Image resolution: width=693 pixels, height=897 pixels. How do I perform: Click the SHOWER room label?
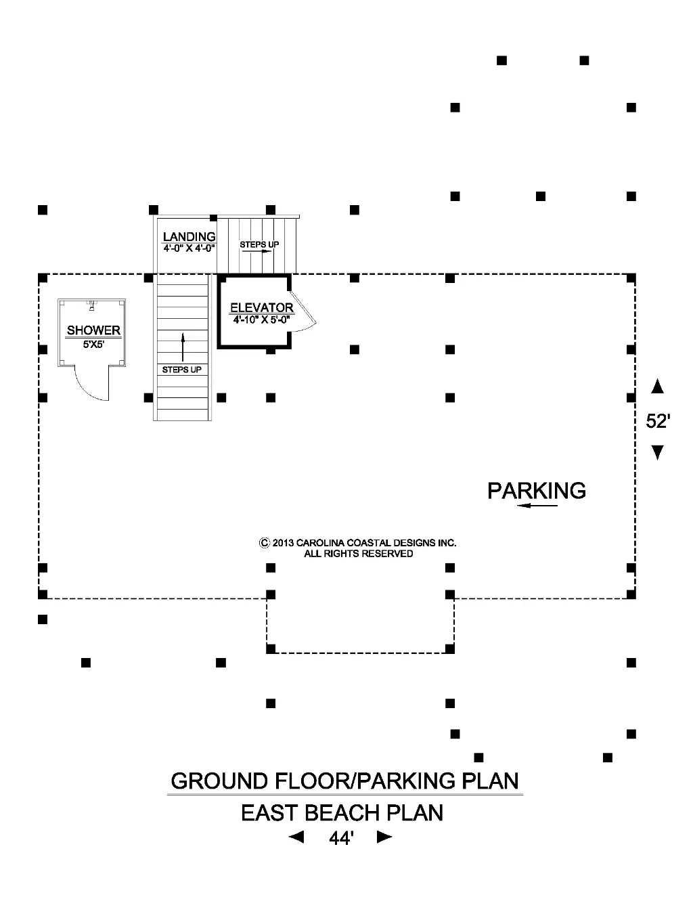[93, 330]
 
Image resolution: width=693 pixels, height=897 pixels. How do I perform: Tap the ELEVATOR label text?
[261, 308]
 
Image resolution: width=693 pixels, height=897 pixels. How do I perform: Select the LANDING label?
[189, 236]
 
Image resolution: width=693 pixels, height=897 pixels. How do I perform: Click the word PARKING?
[537, 490]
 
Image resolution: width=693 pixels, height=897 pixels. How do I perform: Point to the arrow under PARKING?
[537, 506]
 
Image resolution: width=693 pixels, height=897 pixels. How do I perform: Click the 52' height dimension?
[657, 421]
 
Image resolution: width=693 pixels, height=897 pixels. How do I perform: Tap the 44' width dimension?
[341, 838]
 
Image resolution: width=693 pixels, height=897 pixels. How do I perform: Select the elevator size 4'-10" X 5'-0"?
[261, 320]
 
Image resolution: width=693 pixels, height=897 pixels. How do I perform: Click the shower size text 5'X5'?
[93, 344]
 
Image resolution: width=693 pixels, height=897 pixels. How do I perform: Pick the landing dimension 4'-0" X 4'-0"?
[189, 248]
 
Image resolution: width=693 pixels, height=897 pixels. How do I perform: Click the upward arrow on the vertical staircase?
[182, 347]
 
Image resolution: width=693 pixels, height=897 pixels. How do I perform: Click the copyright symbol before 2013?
[265, 543]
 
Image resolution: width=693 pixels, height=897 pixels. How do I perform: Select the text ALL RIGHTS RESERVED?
[359, 554]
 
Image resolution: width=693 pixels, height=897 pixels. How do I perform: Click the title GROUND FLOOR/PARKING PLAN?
[344, 781]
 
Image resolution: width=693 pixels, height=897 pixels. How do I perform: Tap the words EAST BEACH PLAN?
[342, 812]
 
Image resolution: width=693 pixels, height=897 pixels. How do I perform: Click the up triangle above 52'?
[657, 387]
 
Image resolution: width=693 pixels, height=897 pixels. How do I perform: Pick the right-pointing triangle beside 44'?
[384, 837]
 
